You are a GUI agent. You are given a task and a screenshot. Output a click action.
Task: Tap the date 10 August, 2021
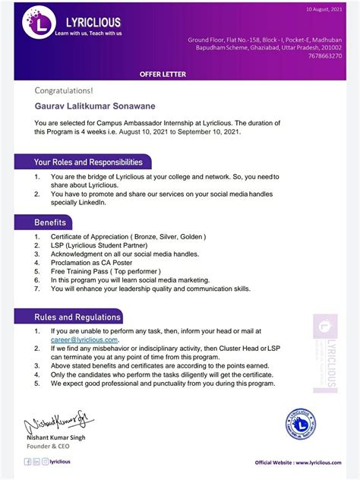point(324,9)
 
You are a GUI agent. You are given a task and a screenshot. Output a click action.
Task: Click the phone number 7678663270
point(326,55)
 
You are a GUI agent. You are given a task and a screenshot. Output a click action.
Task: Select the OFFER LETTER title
point(163,74)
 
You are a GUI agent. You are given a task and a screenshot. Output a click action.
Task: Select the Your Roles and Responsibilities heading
point(87,162)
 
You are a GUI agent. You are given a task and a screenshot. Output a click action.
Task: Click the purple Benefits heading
point(50,223)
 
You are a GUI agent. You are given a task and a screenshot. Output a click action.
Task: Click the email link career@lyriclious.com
point(84,340)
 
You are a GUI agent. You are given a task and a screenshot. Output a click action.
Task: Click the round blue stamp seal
point(301,424)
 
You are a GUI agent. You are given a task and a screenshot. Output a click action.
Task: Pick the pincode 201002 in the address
point(331,47)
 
